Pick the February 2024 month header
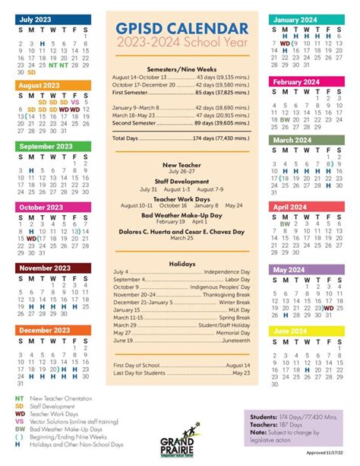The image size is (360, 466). click(297, 82)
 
